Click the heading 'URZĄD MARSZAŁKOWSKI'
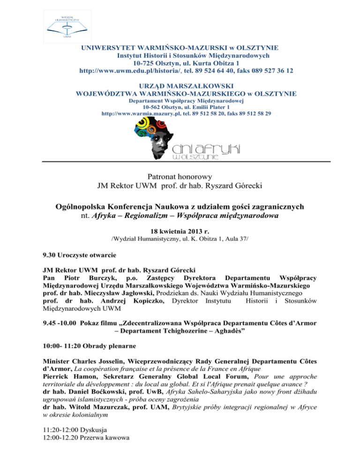[x=180, y=86]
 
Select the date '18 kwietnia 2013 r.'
[x=180, y=232]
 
